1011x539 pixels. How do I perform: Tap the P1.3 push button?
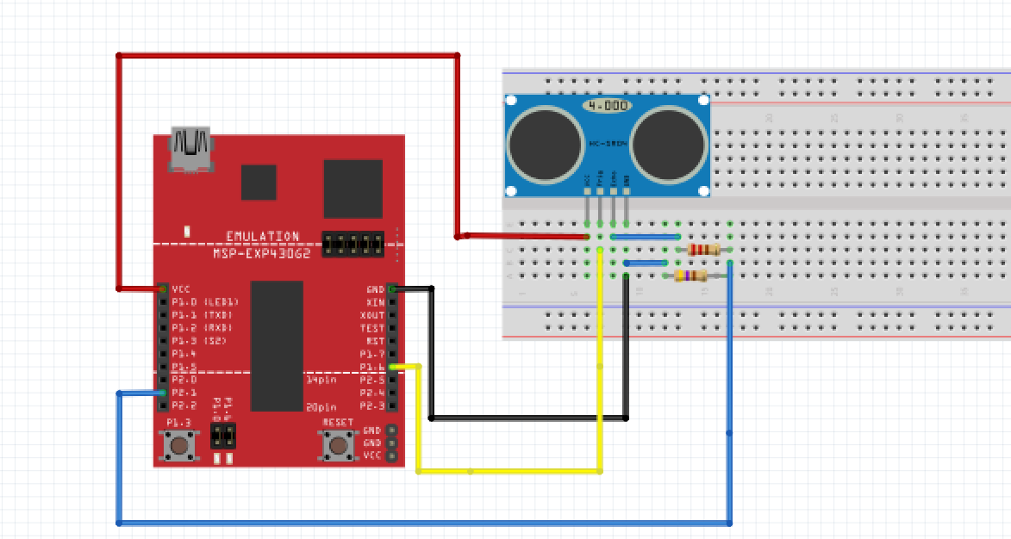(x=179, y=445)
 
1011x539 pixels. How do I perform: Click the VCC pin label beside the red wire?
(x=181, y=289)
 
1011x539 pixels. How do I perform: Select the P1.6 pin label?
(x=372, y=367)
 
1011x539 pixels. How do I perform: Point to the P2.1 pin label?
(x=183, y=393)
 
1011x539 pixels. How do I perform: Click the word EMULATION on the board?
(x=262, y=236)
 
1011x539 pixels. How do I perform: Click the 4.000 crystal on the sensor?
(x=606, y=105)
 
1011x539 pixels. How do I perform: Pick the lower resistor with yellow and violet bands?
(x=690, y=276)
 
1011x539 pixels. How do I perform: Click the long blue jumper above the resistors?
(x=645, y=236)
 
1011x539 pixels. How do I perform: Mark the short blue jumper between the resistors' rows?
(x=646, y=263)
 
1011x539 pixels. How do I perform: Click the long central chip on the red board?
(x=277, y=345)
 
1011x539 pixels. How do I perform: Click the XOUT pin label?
(x=372, y=315)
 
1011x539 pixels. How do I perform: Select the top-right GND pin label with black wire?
(x=375, y=289)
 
